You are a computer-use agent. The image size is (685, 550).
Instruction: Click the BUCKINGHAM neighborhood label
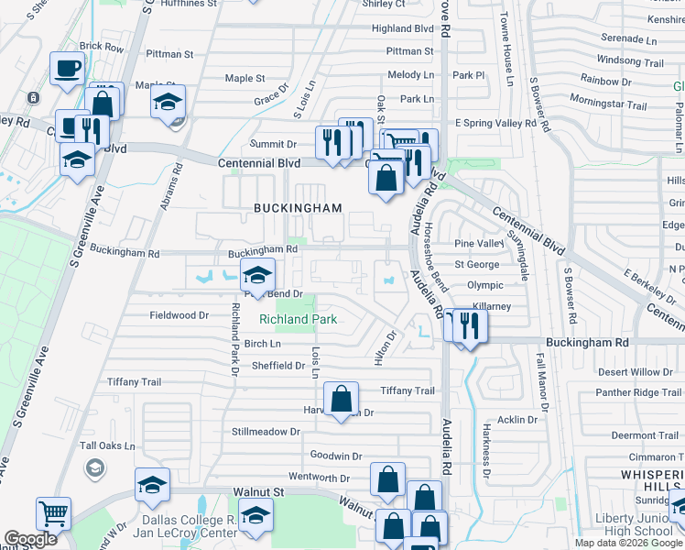(x=298, y=208)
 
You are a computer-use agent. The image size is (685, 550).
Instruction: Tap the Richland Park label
(x=298, y=319)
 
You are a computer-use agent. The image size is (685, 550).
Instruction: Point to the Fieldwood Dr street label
(x=179, y=314)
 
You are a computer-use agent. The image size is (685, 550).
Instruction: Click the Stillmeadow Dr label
(x=266, y=431)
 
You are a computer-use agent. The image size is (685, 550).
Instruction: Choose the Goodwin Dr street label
(x=336, y=456)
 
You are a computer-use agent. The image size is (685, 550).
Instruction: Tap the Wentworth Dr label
(x=320, y=478)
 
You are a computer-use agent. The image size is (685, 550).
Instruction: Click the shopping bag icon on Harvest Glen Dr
(x=341, y=400)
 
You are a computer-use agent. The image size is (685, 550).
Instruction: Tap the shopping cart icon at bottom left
(x=53, y=514)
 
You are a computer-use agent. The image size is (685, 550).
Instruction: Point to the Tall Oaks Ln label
(x=107, y=446)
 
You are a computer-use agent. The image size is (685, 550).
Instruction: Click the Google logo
(x=30, y=540)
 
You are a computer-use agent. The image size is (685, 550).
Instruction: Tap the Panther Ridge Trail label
(x=638, y=392)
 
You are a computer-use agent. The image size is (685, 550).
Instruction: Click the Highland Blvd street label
(x=402, y=28)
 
